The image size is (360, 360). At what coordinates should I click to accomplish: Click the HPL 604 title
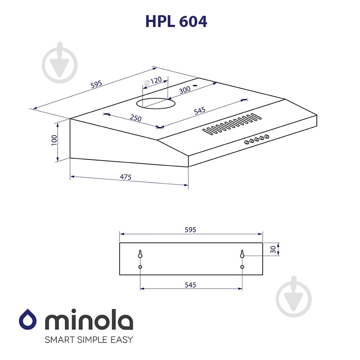pos(176,22)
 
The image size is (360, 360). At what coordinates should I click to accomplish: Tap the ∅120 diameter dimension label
pos(153,81)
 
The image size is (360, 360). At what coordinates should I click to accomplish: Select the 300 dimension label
pos(185,90)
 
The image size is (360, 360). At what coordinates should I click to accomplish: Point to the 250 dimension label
pos(136,118)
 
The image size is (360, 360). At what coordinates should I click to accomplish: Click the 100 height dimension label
pos(54,140)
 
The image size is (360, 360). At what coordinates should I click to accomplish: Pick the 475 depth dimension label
pos(126,177)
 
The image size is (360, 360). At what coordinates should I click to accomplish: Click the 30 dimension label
pos(273,249)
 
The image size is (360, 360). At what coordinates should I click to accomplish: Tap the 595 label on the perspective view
pos(96,84)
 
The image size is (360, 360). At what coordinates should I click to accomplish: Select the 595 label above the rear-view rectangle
pos(190,230)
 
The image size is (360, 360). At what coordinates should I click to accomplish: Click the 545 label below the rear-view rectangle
pos(190,285)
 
